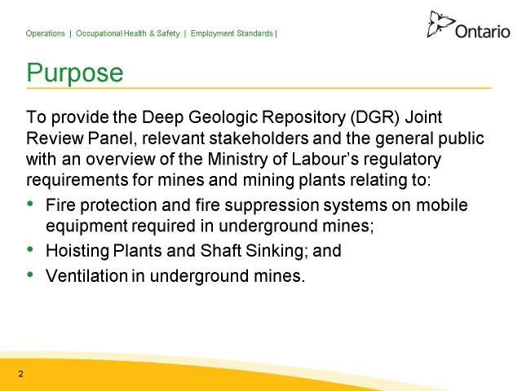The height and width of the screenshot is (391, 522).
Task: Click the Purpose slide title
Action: click(x=75, y=72)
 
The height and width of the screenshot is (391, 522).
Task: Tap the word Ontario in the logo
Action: click(x=482, y=32)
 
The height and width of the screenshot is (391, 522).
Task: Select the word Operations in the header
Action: click(x=46, y=33)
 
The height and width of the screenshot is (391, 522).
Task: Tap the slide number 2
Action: click(x=21, y=374)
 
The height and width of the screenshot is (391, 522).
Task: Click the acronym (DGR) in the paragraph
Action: click(x=374, y=117)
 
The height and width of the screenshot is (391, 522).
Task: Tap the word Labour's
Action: click(x=325, y=160)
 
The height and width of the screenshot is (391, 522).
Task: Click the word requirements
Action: click(x=77, y=181)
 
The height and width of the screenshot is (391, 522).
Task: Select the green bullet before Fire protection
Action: click(x=30, y=203)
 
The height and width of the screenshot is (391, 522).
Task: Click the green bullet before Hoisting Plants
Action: click(x=30, y=248)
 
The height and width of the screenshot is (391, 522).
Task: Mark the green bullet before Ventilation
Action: click(x=30, y=274)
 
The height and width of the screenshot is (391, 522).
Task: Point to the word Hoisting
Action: click(x=77, y=251)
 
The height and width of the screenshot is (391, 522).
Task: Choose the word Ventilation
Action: click(x=87, y=275)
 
